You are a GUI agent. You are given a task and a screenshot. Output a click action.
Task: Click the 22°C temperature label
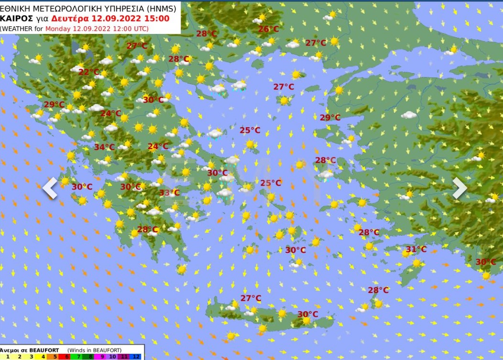tap(88, 72)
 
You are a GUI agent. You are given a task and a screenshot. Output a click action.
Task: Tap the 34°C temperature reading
tap(104, 147)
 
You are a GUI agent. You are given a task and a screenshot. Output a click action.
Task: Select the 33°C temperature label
tap(169, 193)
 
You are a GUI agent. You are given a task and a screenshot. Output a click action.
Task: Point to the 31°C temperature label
tap(416, 249)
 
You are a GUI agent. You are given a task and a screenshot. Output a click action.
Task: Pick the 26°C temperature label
tap(268, 29)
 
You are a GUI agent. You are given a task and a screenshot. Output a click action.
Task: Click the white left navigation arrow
tap(50, 188)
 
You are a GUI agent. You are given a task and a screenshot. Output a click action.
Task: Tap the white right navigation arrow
tap(459, 188)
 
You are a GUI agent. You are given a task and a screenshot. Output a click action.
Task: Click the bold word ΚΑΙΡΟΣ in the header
tap(17, 18)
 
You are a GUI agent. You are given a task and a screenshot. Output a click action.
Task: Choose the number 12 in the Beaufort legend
tap(136, 356)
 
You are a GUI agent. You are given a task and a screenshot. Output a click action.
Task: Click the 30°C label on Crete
tap(307, 314)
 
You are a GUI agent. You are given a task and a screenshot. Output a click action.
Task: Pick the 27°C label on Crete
tap(251, 298)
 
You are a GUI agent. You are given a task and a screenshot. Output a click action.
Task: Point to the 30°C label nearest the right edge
tap(485, 262)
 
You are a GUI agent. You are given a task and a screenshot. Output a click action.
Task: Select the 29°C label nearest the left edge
tap(54, 105)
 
